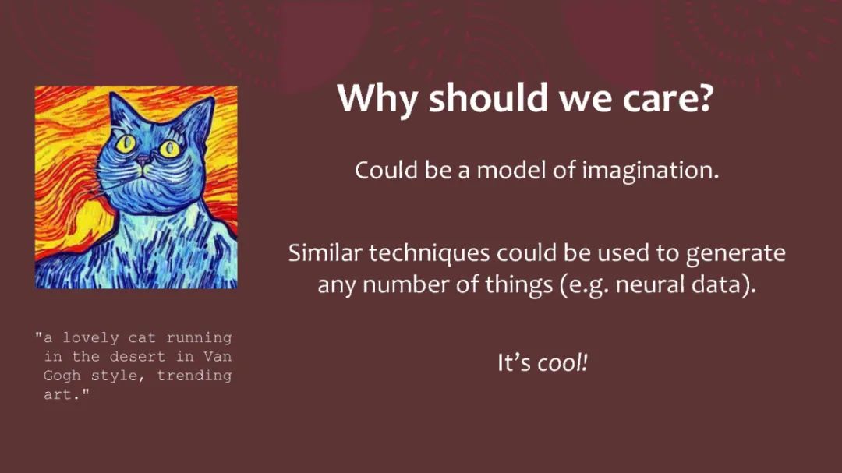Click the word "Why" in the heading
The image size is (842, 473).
click(x=377, y=100)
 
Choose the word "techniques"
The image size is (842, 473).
click(x=430, y=253)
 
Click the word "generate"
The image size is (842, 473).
click(x=736, y=254)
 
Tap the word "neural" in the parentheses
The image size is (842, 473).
click(x=649, y=284)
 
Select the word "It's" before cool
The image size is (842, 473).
click(x=514, y=363)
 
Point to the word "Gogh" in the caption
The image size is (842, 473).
click(x=62, y=376)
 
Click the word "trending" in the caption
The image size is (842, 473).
click(x=194, y=376)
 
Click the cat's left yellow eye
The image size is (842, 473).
click(x=127, y=143)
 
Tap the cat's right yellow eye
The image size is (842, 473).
click(x=170, y=149)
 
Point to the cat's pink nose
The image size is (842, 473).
click(x=143, y=160)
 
